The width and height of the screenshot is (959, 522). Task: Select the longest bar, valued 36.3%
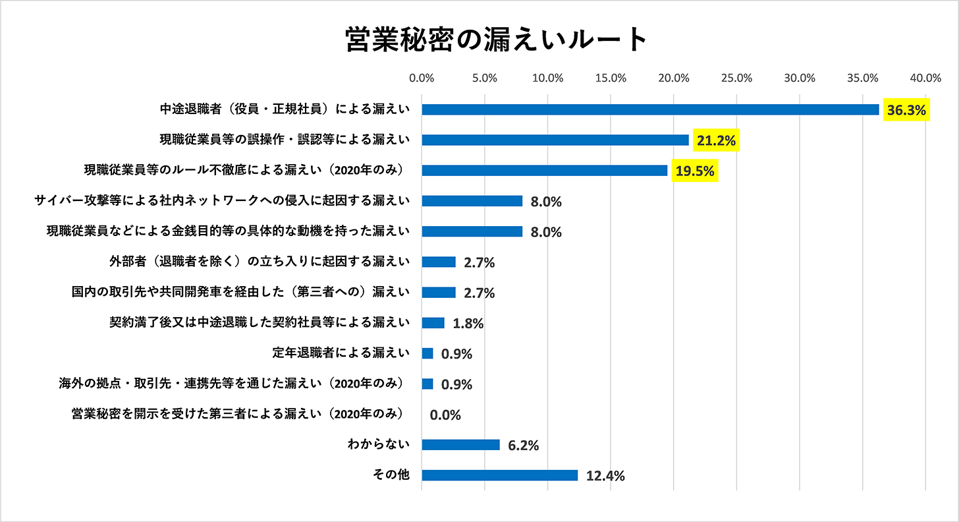coord(650,109)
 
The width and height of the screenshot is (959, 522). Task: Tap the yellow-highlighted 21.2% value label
coord(715,140)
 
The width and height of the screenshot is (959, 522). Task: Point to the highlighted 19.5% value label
coord(695,171)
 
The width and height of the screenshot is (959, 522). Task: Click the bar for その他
coord(499,475)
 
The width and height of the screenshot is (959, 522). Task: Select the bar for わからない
coord(460,445)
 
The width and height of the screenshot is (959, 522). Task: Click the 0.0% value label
coord(445,415)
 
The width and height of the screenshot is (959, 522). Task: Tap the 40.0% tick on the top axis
coord(925,78)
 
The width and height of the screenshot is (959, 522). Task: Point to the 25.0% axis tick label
coord(736,78)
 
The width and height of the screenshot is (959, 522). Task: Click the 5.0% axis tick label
coord(485,78)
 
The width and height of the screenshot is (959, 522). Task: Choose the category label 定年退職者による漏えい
coord(341,353)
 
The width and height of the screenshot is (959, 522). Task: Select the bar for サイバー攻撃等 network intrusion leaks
coord(472,201)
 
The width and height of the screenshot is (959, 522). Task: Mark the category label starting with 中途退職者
coord(285,109)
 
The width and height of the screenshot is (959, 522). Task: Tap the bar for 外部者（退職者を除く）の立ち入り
coord(438,262)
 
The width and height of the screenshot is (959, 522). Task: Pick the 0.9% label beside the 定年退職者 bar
coord(456,354)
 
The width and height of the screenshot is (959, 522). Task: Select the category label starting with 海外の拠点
coord(231,384)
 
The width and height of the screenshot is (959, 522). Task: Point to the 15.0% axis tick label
coord(611,78)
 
